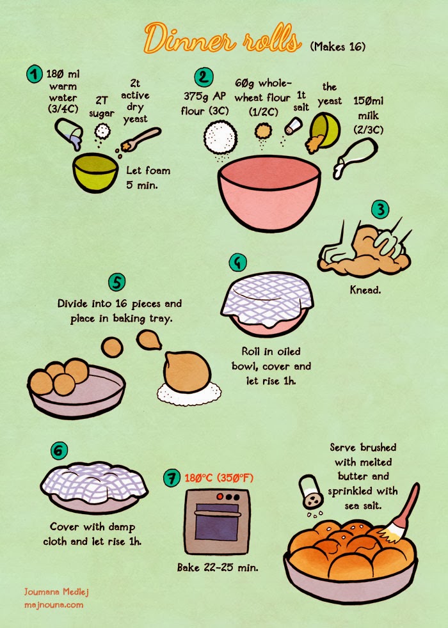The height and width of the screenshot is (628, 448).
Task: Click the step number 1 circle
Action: coord(35,74)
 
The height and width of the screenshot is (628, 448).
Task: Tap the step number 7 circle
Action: coord(172,478)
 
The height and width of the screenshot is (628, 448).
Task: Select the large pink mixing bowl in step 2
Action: coord(269,193)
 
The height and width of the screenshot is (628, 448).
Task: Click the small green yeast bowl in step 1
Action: coord(95,172)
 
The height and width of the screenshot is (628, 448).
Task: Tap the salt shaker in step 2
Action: coord(293,126)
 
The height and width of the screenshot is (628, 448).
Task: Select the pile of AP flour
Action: coord(220,137)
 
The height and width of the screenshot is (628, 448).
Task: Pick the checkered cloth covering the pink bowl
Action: coord(268,299)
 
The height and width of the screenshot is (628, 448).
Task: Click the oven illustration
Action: coord(217,521)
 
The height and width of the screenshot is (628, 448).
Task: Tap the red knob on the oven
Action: coord(220,497)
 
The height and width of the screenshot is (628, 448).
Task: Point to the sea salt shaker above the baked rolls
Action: coord(311,492)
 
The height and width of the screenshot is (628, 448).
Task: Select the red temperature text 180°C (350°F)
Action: coord(219,478)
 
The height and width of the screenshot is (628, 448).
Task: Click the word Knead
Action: coord(365,290)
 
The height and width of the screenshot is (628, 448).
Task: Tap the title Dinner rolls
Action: coord(223,38)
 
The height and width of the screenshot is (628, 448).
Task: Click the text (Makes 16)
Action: coord(338,47)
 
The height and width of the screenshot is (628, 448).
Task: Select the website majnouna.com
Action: coord(54,605)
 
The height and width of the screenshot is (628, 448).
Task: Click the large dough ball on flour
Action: coord(187,372)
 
